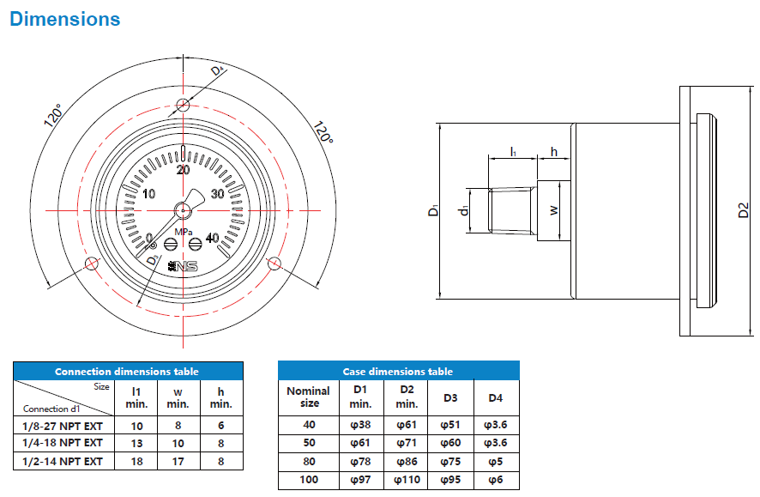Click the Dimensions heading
pyautogui.click(x=65, y=18)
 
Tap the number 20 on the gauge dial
pyautogui.click(x=182, y=169)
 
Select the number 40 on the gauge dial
pyautogui.click(x=212, y=239)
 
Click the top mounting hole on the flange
pyautogui.click(x=183, y=106)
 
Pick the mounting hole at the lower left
pyautogui.click(x=92, y=263)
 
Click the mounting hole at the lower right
pyautogui.click(x=274, y=263)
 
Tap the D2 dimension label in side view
pyautogui.click(x=744, y=210)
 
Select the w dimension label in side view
pyautogui.click(x=554, y=209)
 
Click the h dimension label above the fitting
pyautogui.click(x=554, y=152)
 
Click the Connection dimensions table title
pyautogui.click(x=127, y=372)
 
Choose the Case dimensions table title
pyautogui.click(x=398, y=372)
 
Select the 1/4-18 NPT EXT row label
pyautogui.click(x=62, y=443)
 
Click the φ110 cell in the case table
pyautogui.click(x=407, y=480)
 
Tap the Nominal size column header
pyautogui.click(x=308, y=397)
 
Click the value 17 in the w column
pyautogui.click(x=178, y=461)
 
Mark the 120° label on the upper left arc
pyautogui.click(x=53, y=116)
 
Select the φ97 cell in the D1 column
pyautogui.click(x=360, y=480)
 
